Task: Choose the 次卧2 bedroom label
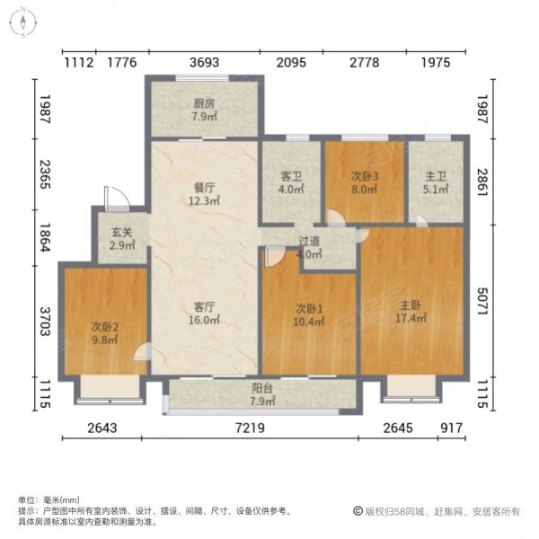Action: pyautogui.click(x=103, y=331)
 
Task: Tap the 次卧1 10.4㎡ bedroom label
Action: pyautogui.click(x=308, y=314)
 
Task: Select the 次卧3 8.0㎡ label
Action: pyautogui.click(x=364, y=183)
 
